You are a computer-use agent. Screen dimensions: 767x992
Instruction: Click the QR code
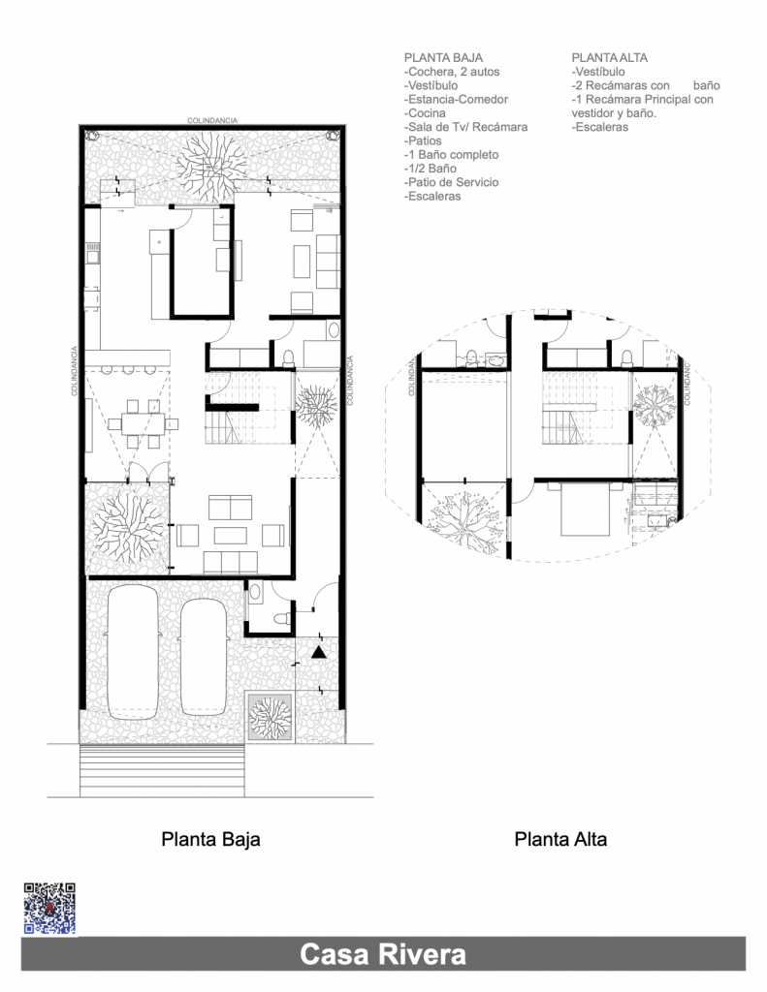(49, 909)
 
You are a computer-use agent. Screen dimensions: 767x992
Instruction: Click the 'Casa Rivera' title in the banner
(383, 954)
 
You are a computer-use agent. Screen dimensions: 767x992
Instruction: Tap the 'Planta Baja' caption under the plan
(210, 840)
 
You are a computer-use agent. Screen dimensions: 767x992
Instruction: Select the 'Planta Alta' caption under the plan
(560, 840)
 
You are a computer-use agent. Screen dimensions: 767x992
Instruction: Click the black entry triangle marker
(319, 652)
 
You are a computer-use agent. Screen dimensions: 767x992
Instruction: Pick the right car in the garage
(204, 658)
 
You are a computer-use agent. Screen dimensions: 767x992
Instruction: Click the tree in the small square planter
(271, 718)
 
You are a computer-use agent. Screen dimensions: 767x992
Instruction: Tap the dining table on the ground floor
(143, 423)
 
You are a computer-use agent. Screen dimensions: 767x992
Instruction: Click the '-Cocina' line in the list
(425, 113)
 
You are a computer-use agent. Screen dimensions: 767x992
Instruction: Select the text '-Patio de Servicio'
(451, 182)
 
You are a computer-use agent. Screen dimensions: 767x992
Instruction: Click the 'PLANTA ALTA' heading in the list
(609, 57)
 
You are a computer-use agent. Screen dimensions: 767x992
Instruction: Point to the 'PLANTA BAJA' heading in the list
(443, 57)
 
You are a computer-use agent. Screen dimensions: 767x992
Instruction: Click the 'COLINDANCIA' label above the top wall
(212, 120)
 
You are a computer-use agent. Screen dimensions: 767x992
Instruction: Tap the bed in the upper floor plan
(587, 510)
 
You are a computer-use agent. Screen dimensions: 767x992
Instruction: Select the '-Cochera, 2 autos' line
(452, 72)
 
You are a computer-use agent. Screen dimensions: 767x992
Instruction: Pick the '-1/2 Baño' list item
(431, 169)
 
